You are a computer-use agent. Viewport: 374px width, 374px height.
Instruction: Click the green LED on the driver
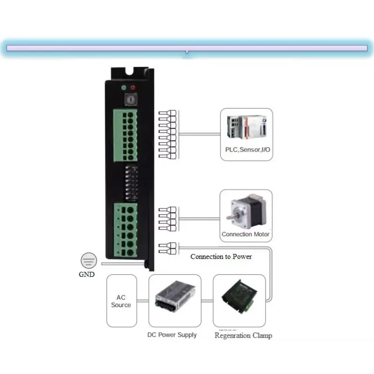point(123,87)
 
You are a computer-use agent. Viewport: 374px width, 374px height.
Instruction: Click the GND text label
point(86,274)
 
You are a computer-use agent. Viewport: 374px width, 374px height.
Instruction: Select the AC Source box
point(121,301)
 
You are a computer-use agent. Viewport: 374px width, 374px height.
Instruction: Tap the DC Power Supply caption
point(172,335)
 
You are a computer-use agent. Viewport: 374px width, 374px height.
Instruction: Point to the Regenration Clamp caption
point(243,335)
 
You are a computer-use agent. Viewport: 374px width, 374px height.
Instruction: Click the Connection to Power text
point(221,257)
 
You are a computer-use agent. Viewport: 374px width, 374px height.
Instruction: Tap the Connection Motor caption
point(246,234)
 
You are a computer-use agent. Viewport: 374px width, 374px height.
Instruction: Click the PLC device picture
point(246,129)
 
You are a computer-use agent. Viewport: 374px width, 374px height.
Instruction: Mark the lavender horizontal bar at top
point(187,48)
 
